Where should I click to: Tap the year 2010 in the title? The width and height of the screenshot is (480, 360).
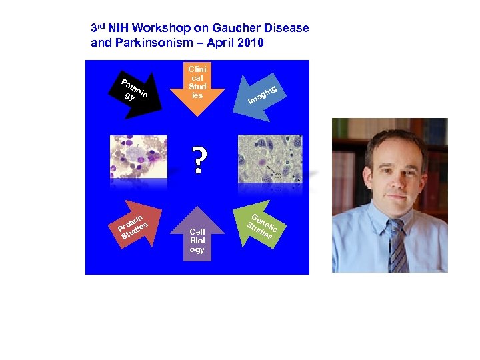250,43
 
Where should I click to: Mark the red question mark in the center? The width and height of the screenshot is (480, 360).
198,161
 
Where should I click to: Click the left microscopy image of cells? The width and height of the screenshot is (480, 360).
138,157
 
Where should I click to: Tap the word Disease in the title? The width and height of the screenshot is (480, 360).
288,28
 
